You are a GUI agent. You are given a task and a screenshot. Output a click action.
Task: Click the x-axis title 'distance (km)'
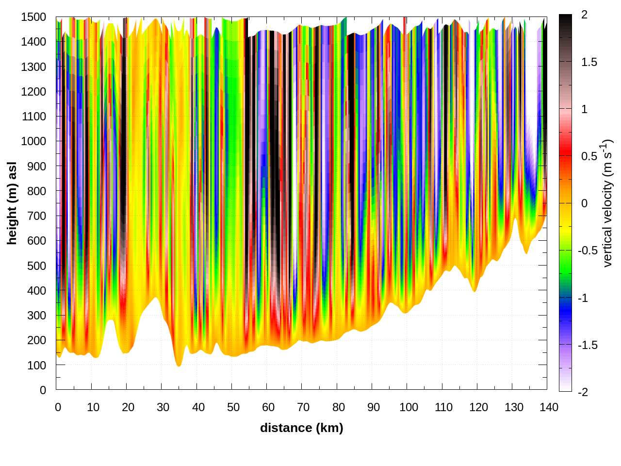[301, 428]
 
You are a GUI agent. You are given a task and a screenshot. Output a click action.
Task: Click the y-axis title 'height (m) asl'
[12, 203]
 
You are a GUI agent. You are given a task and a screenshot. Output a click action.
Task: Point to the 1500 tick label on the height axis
[33, 17]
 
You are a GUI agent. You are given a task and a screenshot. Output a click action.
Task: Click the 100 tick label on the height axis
[36, 365]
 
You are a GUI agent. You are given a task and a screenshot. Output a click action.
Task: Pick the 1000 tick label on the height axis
[33, 141]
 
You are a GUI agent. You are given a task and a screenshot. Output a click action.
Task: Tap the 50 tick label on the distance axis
[233, 407]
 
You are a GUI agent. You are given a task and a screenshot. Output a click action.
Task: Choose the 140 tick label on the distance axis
[549, 407]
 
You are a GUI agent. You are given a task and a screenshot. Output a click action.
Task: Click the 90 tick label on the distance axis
[374, 407]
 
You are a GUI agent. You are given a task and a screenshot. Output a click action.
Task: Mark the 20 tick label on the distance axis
[128, 407]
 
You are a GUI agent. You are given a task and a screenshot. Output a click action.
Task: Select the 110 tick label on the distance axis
[443, 407]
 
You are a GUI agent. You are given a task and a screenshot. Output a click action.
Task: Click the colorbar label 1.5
[589, 62]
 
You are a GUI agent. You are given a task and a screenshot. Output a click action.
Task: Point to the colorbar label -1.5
[588, 345]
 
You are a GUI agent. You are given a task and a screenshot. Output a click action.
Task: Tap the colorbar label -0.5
[588, 250]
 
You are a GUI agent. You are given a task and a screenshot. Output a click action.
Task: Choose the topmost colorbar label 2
[584, 15]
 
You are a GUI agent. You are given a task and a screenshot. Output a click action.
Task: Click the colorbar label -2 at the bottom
[583, 392]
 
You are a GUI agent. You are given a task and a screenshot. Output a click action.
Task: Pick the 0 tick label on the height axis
[43, 390]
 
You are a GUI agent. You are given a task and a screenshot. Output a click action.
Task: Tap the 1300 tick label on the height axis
[33, 67]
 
